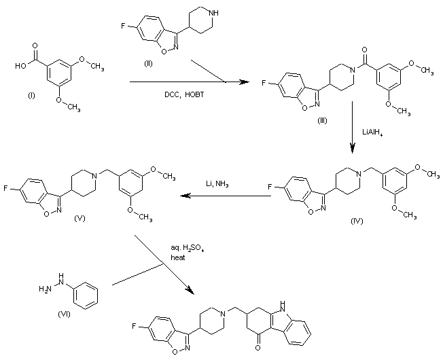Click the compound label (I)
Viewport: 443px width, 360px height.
click(31, 96)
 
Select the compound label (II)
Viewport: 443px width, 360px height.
click(148, 64)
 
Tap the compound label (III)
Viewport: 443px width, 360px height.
click(322, 120)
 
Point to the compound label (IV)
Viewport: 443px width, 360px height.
click(357, 221)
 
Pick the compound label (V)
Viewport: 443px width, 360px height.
click(79, 218)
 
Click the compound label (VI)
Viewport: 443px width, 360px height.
click(64, 314)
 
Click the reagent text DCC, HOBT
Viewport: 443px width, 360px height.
click(184, 94)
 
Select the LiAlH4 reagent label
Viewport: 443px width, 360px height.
click(372, 132)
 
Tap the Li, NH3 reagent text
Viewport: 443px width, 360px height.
click(217, 185)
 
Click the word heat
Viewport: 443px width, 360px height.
click(178, 257)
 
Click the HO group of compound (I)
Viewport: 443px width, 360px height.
click(20, 66)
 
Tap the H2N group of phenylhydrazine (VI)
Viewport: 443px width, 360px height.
click(45, 289)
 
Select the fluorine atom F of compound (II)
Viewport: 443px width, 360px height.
click(123, 26)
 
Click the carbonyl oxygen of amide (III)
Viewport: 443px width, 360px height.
click(364, 50)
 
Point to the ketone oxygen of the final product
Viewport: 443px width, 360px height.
click(258, 347)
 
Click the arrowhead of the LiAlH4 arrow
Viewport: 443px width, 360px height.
click(353, 148)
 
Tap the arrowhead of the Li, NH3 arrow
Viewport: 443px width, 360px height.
click(185, 196)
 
